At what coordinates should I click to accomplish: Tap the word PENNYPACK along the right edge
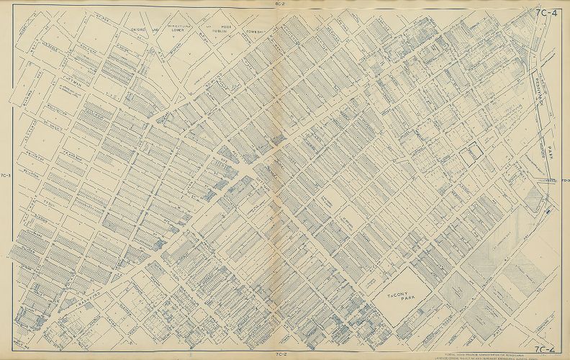(x=539, y=94)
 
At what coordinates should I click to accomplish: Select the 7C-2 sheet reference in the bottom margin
(x=281, y=355)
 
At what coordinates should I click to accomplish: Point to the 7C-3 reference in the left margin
(x=6, y=175)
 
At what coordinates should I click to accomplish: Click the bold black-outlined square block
(x=472, y=154)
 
